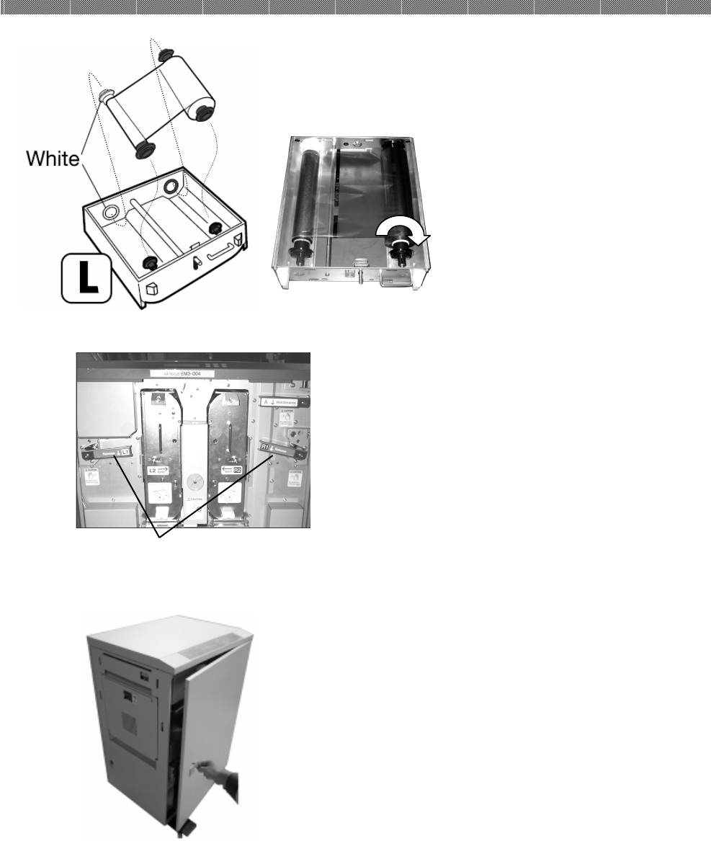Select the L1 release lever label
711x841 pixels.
click(114, 452)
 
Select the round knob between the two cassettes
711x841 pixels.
click(193, 480)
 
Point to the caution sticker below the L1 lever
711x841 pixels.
click(91, 478)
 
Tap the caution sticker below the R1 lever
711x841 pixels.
click(294, 478)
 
